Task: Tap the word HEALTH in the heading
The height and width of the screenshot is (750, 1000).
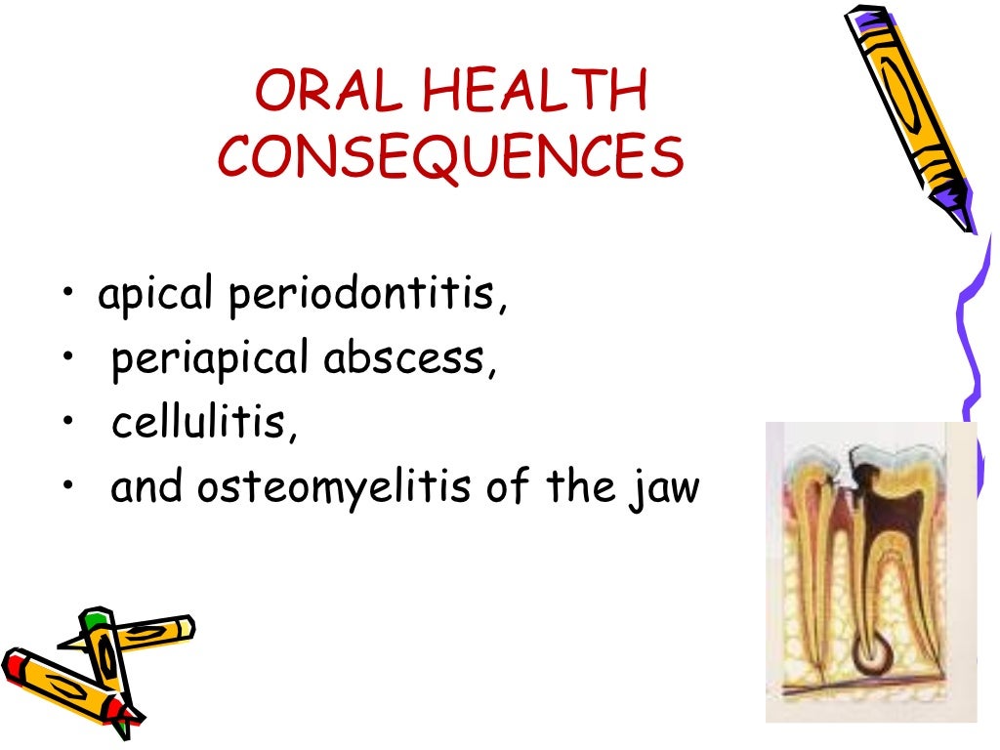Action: (x=536, y=96)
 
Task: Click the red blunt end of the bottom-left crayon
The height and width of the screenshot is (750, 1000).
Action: (x=12, y=665)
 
